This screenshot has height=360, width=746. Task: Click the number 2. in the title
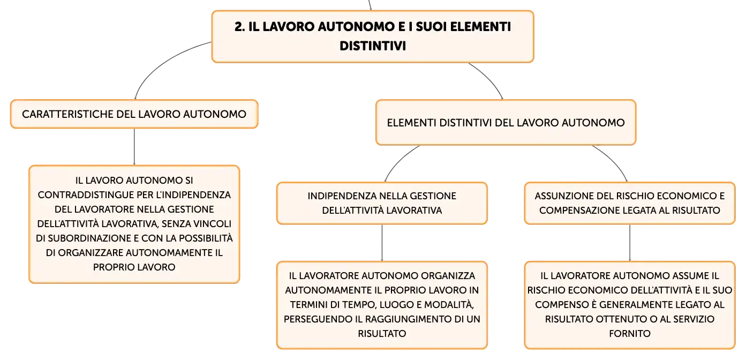[240, 27]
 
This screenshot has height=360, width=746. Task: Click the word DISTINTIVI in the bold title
[373, 46]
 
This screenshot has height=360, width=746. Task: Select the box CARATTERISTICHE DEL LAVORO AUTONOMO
[134, 114]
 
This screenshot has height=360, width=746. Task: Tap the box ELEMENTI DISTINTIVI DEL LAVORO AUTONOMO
[506, 123]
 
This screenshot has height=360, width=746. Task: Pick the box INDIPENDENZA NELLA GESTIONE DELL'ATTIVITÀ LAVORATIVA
[382, 203]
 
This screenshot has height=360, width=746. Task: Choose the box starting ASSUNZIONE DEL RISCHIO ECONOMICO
[630, 203]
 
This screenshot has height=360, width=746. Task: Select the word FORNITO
[630, 333]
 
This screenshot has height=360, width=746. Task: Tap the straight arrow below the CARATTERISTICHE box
[134, 147]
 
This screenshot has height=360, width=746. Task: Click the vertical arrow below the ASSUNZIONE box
[630, 243]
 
